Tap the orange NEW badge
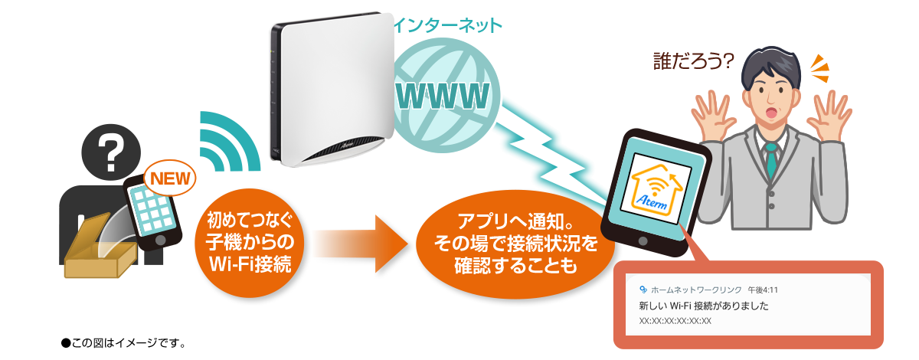point(171,178)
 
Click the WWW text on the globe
point(443,96)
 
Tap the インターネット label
point(448,25)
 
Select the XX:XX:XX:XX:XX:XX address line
point(675,321)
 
